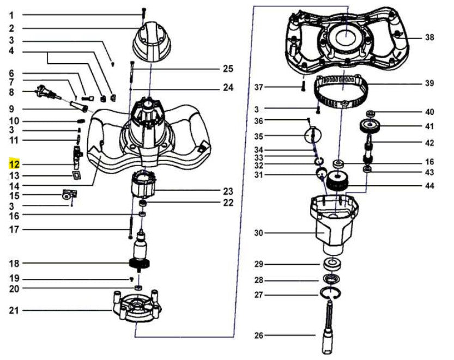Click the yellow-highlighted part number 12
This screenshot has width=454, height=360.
coord(14,163)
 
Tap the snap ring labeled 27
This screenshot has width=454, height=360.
coord(331,294)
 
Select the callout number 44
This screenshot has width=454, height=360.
coord(429,186)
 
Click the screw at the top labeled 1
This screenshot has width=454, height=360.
coord(144,10)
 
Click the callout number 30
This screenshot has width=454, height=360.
coord(258,233)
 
